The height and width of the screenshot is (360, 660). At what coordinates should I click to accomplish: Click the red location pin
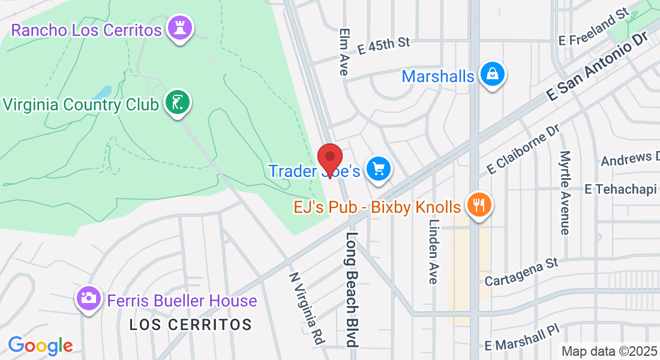coord(329,160)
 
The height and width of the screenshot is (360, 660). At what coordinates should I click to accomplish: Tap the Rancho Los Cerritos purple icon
coord(179,28)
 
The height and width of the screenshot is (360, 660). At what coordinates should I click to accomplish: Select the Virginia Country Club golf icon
coord(176,103)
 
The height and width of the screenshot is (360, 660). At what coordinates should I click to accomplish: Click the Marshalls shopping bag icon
coord(492,74)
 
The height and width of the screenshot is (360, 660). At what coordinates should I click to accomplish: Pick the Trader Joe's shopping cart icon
coord(378,169)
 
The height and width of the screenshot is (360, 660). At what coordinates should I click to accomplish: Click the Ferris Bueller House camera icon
coord(88,298)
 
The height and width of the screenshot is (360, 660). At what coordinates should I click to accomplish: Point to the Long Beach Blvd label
coord(352,289)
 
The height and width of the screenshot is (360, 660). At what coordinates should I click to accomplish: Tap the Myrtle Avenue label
coord(565,192)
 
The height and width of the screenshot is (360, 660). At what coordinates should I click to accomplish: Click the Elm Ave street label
coord(344,52)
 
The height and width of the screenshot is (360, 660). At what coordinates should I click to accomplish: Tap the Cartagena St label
coord(521,272)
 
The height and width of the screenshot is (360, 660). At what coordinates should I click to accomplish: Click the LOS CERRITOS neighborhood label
coord(191,325)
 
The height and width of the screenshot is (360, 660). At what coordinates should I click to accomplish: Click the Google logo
coord(40,346)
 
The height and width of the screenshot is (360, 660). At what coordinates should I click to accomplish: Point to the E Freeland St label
coord(593,28)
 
